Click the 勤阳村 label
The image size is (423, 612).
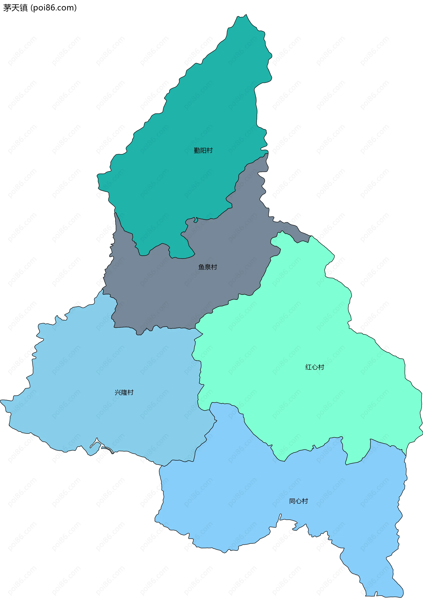coord(203,151)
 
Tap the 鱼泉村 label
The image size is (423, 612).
coord(208,267)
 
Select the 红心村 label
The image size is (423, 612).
coord(315,367)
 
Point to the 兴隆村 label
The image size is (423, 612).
coord(124,392)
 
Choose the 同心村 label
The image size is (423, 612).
coord(299,501)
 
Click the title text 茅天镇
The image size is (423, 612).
coord(15,8)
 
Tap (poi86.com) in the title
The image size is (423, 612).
coord(54,8)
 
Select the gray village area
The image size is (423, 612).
coord(172,292)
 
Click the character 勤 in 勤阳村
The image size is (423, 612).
coord(197,151)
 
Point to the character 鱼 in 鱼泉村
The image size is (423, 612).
coord(201,267)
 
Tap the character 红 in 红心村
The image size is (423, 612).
coord(308,367)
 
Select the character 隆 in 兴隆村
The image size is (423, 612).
coord(124,392)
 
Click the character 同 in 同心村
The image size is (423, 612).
coord(292,501)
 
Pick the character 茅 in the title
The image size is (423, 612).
coord(7,8)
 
